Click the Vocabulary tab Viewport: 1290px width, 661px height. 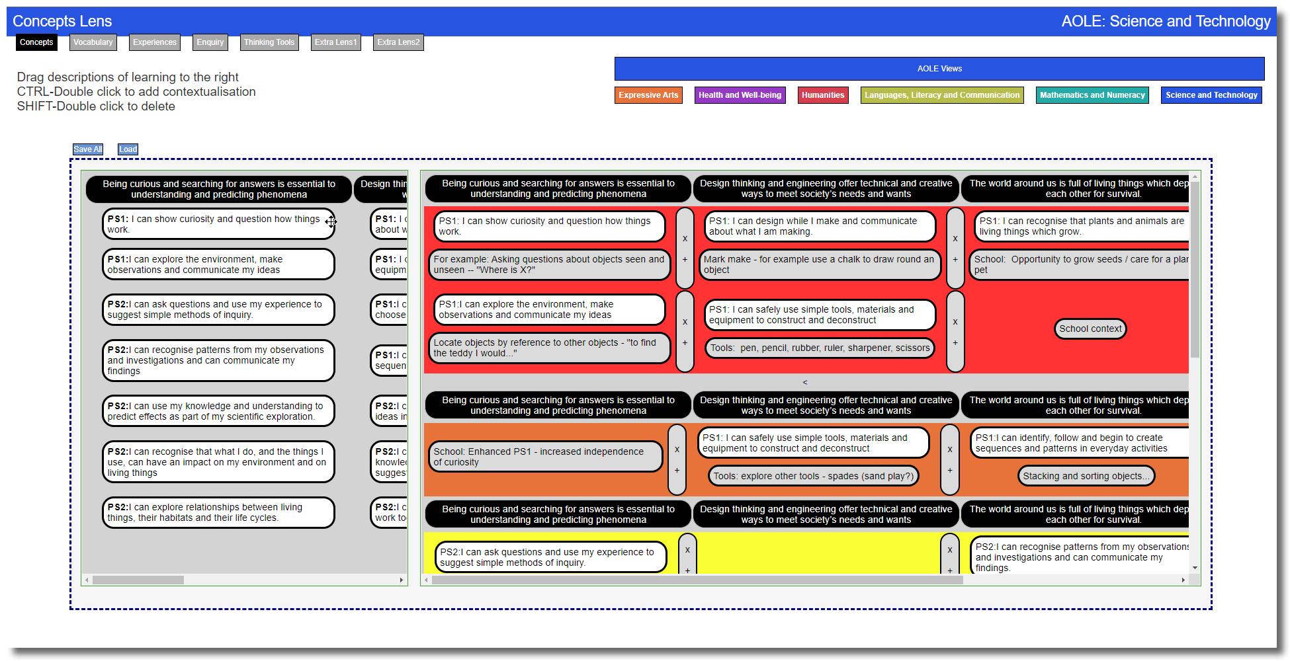[93, 42]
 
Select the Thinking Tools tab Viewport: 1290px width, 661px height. [269, 42]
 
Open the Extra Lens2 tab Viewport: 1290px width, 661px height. [398, 42]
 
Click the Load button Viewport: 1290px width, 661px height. [128, 149]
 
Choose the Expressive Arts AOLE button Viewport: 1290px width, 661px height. [648, 95]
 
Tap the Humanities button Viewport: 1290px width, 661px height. [822, 95]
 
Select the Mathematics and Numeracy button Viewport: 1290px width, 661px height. [1092, 95]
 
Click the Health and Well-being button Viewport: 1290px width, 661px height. [739, 95]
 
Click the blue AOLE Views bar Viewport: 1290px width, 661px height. [939, 69]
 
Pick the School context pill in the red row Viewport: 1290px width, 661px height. [1090, 329]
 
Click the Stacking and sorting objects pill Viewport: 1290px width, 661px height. [1086, 476]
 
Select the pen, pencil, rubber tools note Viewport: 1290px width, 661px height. [819, 348]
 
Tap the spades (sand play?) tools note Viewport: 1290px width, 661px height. [812, 476]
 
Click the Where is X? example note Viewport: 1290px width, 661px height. [548, 264]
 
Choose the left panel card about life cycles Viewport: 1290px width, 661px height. [218, 512]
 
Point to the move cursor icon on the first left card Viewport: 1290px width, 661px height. [331, 222]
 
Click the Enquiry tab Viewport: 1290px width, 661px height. [210, 42]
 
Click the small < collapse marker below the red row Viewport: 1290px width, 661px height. [804, 382]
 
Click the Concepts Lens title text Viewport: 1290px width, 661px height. [62, 21]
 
